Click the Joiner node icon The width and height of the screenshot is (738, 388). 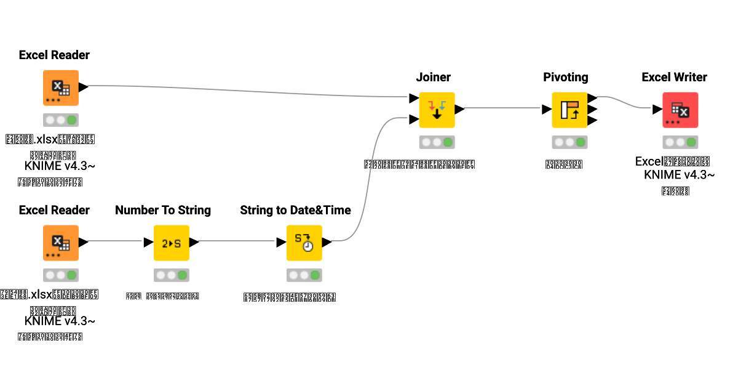pos(437,110)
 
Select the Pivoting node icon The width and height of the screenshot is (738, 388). pos(569,110)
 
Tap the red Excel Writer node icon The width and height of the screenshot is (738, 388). pos(680,110)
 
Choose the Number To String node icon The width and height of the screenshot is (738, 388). pos(171,243)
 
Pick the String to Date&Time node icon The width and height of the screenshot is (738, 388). pos(304,243)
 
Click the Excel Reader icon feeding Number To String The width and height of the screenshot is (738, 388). pos(60,243)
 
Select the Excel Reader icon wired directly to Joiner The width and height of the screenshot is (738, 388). pos(60,87)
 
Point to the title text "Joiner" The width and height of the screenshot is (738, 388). pos(433,77)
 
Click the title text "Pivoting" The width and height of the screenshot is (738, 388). pos(565,77)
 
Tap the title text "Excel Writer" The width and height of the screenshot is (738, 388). pos(674,77)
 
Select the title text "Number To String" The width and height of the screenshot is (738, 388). pos(163,210)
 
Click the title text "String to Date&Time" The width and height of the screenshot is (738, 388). pos(295,210)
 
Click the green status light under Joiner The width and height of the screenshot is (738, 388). pos(448,142)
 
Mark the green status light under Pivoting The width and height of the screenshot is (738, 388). pos(581,142)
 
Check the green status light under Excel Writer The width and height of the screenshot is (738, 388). pos(691,142)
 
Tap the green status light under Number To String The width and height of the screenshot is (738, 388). pos(182,275)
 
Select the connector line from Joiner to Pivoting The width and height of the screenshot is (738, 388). pos(501,109)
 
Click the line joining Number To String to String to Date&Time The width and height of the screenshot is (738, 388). pos(237,242)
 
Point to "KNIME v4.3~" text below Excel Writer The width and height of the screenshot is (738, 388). pos(679,175)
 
